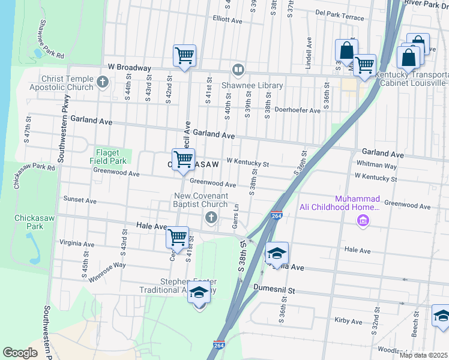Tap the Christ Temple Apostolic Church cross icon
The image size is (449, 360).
coord(103,82)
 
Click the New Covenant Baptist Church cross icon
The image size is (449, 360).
coord(211,217)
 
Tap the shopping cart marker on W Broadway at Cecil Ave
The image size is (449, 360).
coord(185,55)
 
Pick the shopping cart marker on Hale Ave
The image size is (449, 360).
coord(177,237)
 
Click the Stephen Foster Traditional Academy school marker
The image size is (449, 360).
coord(199,293)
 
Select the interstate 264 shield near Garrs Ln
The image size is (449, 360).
coord(276,215)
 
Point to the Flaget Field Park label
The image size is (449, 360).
coord(109,157)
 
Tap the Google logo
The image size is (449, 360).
coord(20,352)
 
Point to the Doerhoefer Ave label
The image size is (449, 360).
coord(297,110)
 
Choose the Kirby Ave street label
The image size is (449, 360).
coord(349,321)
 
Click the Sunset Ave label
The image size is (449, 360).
coord(80,200)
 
